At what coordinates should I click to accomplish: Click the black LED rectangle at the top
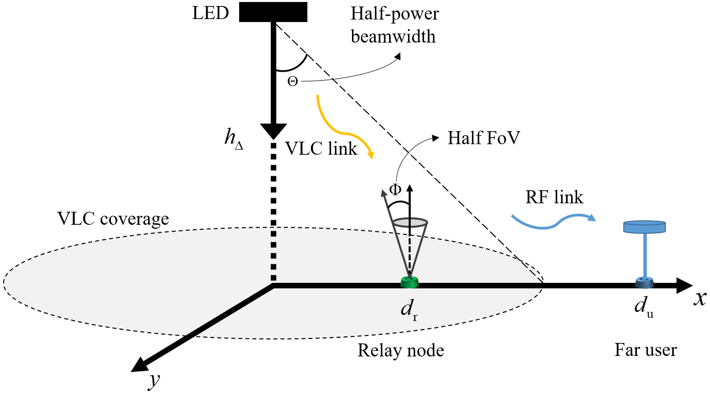pyautogui.click(x=273, y=13)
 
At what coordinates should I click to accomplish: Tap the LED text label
pyautogui.click(x=210, y=14)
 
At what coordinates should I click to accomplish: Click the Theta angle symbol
pyautogui.click(x=292, y=81)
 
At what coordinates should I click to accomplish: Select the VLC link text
pyautogui.click(x=321, y=148)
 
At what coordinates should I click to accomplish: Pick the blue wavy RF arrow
pyautogui.click(x=552, y=221)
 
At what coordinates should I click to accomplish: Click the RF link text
pyautogui.click(x=554, y=197)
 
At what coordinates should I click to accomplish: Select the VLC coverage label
pyautogui.click(x=113, y=219)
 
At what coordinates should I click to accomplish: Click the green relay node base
pyautogui.click(x=410, y=283)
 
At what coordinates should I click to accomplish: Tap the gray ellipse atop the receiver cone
pyautogui.click(x=410, y=222)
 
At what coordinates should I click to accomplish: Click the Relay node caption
pyautogui.click(x=400, y=350)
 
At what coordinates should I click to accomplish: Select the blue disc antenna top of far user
pyautogui.click(x=644, y=227)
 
